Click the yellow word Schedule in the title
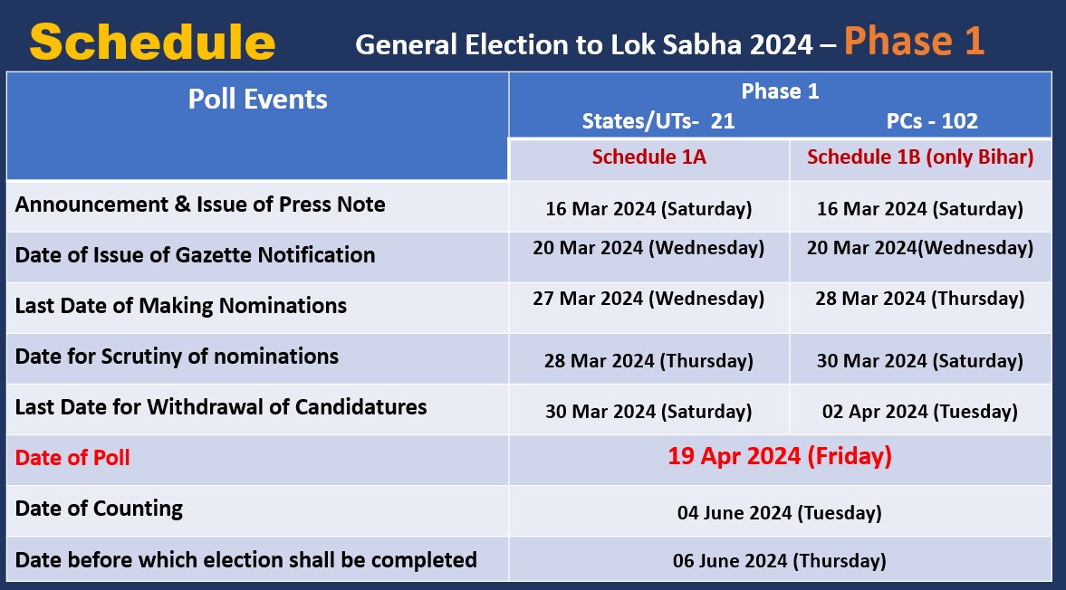tap(152, 42)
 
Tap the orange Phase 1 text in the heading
tap(914, 42)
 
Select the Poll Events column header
tap(257, 99)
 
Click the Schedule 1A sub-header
tap(648, 157)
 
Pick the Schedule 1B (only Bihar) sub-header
tap(920, 157)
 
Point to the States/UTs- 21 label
tap(658, 121)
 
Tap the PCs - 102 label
tap(932, 121)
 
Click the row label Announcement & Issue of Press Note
tap(200, 205)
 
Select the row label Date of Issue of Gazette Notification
tap(195, 255)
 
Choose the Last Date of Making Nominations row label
tap(180, 306)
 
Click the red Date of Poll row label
tap(72, 458)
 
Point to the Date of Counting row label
tap(99, 509)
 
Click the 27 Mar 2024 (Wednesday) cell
tap(648, 298)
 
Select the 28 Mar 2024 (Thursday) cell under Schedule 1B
tap(920, 298)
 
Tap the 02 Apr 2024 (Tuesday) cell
tap(920, 412)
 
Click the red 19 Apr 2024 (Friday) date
tap(780, 456)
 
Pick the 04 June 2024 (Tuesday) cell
tap(780, 513)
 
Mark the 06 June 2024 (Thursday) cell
tap(780, 561)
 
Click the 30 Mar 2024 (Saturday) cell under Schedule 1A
tap(648, 412)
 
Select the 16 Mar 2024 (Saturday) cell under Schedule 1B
tap(920, 209)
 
